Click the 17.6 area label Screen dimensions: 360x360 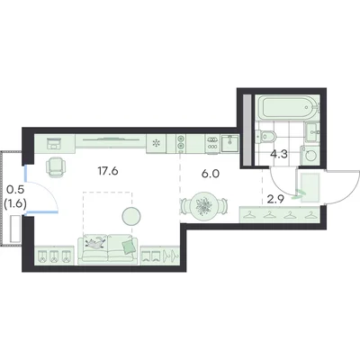click(x=108, y=171)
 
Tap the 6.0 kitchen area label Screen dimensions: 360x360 click(x=211, y=174)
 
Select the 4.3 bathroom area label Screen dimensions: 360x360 click(x=279, y=155)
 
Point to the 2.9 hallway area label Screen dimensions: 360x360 click(x=275, y=200)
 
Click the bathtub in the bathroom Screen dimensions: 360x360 click(x=289, y=107)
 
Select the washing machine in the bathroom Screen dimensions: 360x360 click(x=311, y=156)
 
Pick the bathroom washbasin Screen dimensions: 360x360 click(x=312, y=133)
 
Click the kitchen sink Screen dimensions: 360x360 click(x=230, y=143)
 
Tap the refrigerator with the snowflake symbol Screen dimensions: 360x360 click(x=156, y=143)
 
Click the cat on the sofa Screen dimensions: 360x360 click(x=95, y=242)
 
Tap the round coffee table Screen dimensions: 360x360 click(x=131, y=216)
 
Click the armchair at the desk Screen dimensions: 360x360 click(x=56, y=167)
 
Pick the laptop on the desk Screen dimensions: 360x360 click(x=54, y=143)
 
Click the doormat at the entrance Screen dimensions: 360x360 click(x=310, y=188)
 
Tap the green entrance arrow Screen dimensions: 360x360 click(x=299, y=194)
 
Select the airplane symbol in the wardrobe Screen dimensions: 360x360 click(x=171, y=256)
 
